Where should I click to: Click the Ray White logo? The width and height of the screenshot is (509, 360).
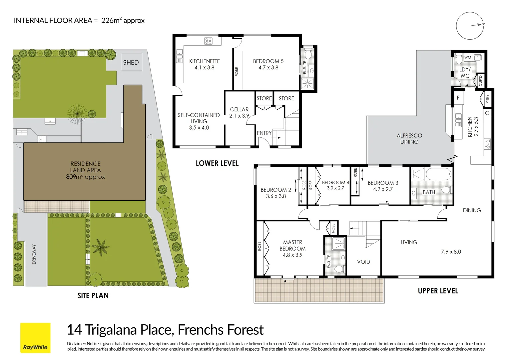35,338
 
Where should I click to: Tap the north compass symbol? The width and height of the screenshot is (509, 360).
470,26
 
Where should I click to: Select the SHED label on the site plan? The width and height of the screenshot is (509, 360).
131,62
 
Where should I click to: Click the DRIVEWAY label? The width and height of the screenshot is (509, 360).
34,254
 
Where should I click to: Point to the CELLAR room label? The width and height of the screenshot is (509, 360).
239,109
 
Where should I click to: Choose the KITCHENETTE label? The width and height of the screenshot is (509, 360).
205,61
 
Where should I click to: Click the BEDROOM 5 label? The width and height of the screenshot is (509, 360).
268,61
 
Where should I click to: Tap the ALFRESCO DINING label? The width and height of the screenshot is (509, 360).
409,139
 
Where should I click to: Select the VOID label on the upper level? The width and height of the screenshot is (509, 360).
363,262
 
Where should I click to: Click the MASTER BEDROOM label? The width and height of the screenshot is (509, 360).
292,245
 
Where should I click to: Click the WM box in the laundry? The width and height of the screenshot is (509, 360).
468,57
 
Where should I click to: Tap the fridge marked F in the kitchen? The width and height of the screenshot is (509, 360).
458,98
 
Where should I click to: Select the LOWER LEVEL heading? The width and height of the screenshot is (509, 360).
217,163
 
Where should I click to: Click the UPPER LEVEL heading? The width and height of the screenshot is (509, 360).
438,291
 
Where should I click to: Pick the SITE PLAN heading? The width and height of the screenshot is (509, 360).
93,296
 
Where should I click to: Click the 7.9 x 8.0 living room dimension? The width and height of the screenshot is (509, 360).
451,252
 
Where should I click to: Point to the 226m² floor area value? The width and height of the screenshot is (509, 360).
111,20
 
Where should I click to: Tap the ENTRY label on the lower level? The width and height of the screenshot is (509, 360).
264,133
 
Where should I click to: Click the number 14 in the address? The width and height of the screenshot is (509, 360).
74,330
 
